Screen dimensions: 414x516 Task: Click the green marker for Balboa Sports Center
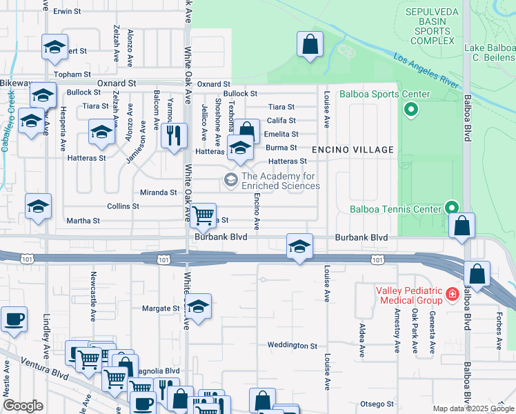pyautogui.click(x=412, y=110)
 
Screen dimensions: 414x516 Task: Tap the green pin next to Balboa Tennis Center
pyautogui.click(x=452, y=207)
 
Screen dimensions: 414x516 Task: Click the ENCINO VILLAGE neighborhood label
pyautogui.click(x=352, y=150)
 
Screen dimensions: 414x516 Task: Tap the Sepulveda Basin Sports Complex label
pyautogui.click(x=430, y=26)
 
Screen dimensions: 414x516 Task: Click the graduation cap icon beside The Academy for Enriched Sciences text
pyautogui.click(x=230, y=181)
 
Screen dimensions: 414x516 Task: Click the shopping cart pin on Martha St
pyautogui.click(x=202, y=215)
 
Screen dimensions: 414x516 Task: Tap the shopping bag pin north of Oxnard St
pyautogui.click(x=310, y=45)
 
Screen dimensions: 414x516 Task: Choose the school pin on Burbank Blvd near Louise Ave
pyautogui.click(x=299, y=246)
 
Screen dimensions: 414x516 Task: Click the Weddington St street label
pyautogui.click(x=292, y=345)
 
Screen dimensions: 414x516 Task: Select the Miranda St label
pyautogui.click(x=158, y=193)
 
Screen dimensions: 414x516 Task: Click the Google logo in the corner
pyautogui.click(x=23, y=406)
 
